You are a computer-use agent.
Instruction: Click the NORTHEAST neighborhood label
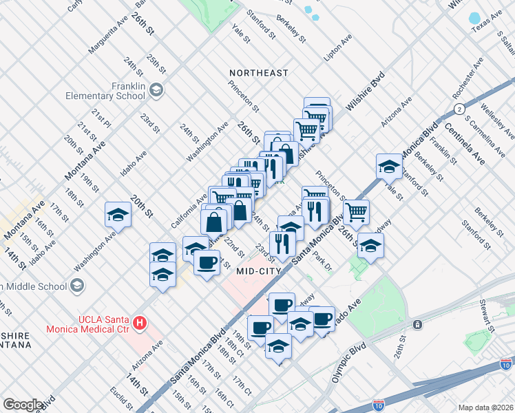pos(259,73)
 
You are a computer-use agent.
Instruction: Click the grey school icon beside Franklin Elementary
pos(156,89)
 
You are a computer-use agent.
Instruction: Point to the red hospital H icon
pos(140,321)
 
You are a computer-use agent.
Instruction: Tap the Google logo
pos(23,405)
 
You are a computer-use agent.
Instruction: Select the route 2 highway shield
pos(458,110)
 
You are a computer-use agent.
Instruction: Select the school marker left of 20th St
pos(118,215)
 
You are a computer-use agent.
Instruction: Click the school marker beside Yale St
pos(389,167)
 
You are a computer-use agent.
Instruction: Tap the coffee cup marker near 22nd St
pos(207,262)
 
